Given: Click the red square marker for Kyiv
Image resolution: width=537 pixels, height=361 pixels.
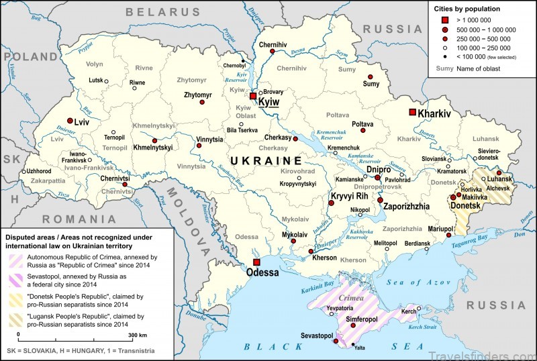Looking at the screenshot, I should pos(253,97).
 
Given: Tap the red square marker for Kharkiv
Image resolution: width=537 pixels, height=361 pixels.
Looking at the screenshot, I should pos(413,113).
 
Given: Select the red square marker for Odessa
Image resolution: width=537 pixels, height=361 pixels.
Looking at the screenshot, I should pos(256,262).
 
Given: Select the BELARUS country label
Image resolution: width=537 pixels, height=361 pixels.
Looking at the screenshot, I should pos(164,11).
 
